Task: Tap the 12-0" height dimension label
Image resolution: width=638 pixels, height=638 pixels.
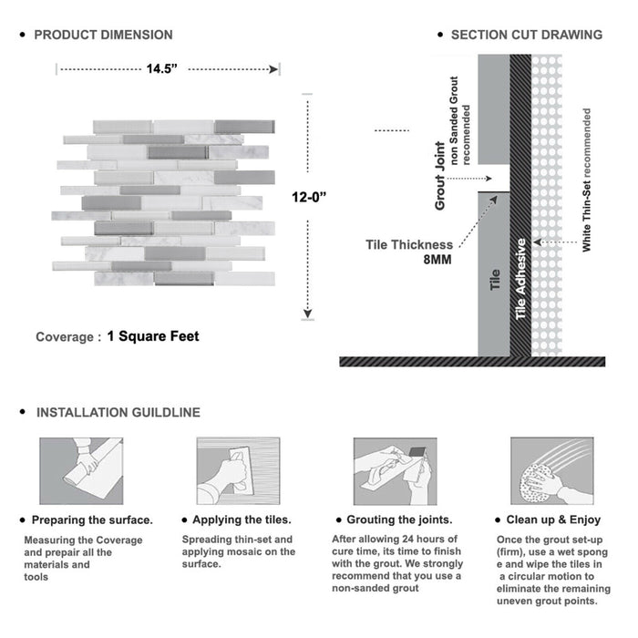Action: click(311, 196)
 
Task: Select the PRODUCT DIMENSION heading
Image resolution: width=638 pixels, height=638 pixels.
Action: click(103, 35)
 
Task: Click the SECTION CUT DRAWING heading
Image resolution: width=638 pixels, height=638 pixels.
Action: click(526, 35)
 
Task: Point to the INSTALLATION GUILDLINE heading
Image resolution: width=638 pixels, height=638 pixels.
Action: click(118, 412)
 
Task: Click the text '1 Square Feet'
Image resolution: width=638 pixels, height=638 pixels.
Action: click(153, 336)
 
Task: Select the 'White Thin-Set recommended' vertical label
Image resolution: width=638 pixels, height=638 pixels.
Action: click(587, 180)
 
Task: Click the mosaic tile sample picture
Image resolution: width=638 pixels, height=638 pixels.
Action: click(168, 201)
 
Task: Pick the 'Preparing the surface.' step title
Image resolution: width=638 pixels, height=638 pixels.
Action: click(92, 520)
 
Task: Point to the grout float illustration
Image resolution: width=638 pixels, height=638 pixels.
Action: click(392, 471)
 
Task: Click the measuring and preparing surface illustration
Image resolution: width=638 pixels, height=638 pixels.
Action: click(80, 471)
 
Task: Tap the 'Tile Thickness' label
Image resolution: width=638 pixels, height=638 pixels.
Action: click(409, 244)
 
